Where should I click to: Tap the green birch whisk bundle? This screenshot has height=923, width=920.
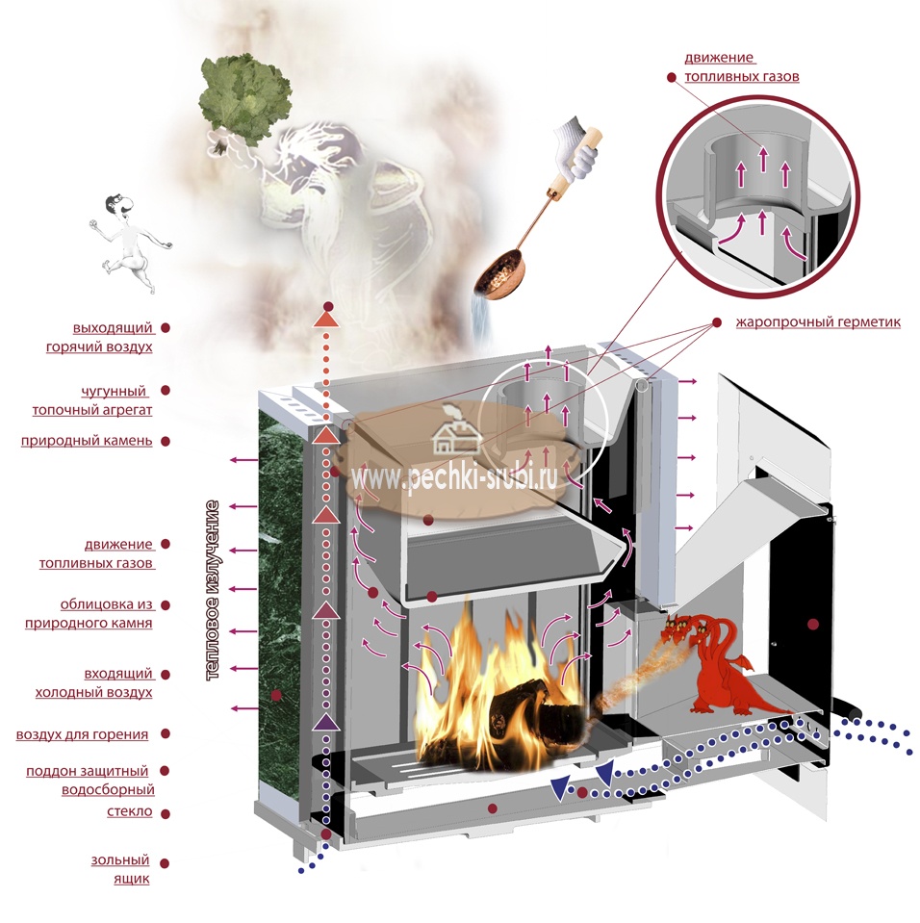click(x=243, y=101)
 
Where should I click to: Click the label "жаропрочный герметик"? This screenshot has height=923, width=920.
click(x=818, y=322)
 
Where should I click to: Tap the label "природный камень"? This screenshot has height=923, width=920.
click(x=87, y=441)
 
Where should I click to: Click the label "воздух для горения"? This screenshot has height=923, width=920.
click(x=82, y=734)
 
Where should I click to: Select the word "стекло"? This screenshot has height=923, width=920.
click(x=130, y=811)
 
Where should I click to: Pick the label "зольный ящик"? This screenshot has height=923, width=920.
click(x=120, y=869)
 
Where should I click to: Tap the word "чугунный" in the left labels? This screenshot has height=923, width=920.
click(x=114, y=391)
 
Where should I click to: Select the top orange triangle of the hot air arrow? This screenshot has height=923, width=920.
click(x=326, y=319)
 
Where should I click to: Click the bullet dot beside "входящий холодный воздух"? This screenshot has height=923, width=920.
click(x=166, y=675)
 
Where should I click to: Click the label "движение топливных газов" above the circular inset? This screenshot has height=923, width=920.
click(x=742, y=67)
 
